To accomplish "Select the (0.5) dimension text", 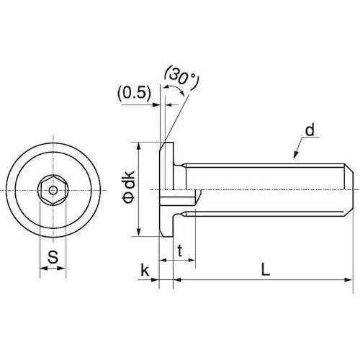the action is [x=135, y=93].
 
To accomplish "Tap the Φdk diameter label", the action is [x=129, y=187].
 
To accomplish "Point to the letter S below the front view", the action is [x=53, y=257].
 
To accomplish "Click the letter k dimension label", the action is [x=145, y=270].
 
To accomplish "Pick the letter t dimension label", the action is [x=180, y=251].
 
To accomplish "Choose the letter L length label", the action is [x=265, y=269].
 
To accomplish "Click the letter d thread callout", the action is [x=310, y=130].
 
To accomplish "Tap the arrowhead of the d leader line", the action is [x=296, y=155].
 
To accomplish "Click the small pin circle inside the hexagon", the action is [x=53, y=191].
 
